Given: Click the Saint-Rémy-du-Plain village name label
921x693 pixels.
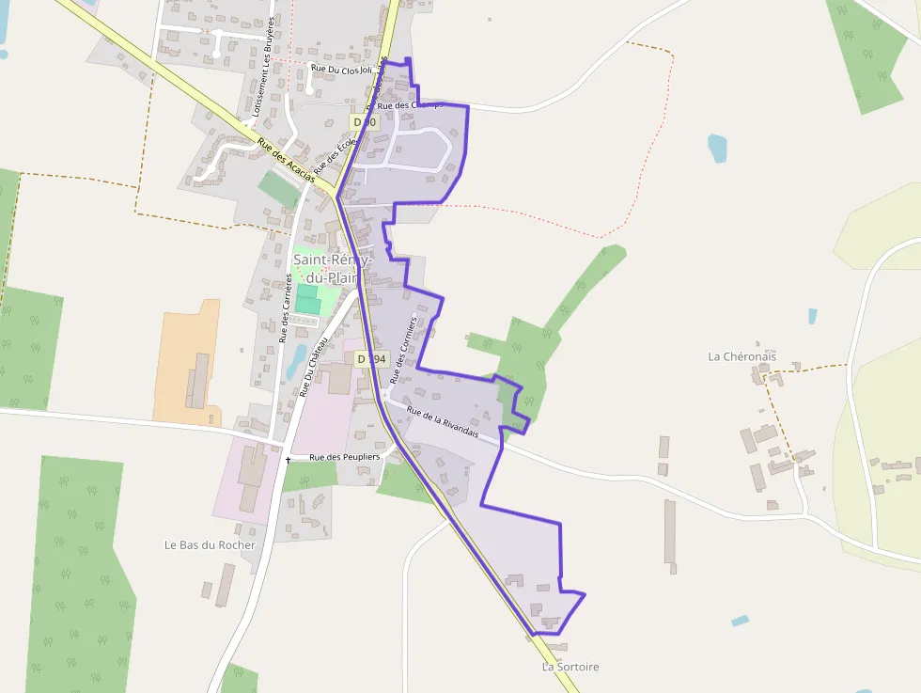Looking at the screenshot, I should click(x=333, y=268).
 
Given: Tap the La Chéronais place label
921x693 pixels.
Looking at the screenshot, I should click(x=741, y=356).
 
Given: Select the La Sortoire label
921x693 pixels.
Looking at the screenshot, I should click(x=570, y=667).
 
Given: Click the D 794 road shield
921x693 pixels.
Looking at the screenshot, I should click(x=371, y=358).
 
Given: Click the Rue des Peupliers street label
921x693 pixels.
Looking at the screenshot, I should click(x=345, y=457).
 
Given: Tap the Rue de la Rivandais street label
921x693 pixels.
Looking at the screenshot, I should click(x=443, y=422).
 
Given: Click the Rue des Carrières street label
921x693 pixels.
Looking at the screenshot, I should click(x=285, y=307).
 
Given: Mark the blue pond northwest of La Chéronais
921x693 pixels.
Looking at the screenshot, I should click(x=718, y=148).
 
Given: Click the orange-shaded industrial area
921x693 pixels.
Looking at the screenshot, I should click(x=188, y=362).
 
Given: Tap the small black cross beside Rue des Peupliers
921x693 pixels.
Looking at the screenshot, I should click(x=288, y=460).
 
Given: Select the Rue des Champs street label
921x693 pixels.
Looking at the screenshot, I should click(x=410, y=105).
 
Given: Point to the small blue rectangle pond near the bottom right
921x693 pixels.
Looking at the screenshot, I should click(x=741, y=621).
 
